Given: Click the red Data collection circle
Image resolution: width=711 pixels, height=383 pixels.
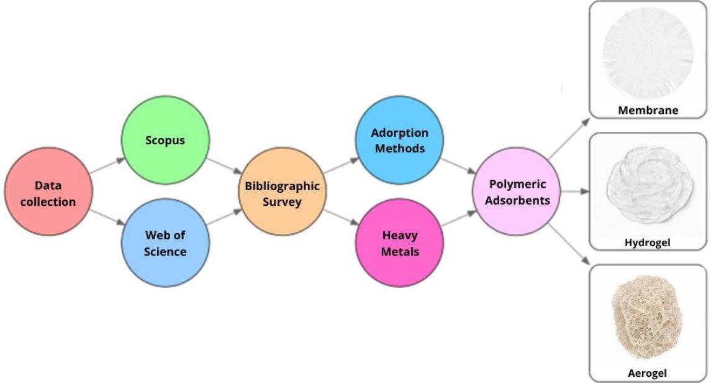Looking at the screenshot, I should [47, 193].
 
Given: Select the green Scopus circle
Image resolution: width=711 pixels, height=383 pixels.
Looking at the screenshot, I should [166, 141].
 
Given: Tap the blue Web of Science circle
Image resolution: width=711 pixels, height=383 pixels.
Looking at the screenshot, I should [166, 243].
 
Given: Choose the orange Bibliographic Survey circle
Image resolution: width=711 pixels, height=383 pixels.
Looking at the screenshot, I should [283, 193].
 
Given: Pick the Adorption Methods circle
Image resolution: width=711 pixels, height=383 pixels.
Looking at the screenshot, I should [399, 141].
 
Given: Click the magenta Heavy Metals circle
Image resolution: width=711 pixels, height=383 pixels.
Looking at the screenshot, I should [399, 243].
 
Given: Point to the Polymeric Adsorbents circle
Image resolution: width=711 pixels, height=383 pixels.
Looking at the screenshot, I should [517, 192].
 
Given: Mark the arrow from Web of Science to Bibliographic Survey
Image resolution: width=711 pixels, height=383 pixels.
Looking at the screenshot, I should [224, 219].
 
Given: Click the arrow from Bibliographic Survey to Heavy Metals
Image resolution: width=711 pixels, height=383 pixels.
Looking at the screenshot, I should [341, 219].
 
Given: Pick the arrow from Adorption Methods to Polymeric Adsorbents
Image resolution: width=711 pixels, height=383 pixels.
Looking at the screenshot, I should [458, 167].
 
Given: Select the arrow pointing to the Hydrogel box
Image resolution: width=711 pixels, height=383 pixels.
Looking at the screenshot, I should [574, 192].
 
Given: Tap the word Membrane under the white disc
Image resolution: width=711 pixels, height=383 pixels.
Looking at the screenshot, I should [648, 111].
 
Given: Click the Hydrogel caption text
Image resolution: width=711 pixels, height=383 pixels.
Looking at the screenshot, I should [647, 242].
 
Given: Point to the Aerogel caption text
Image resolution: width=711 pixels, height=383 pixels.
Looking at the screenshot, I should [647, 373].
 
